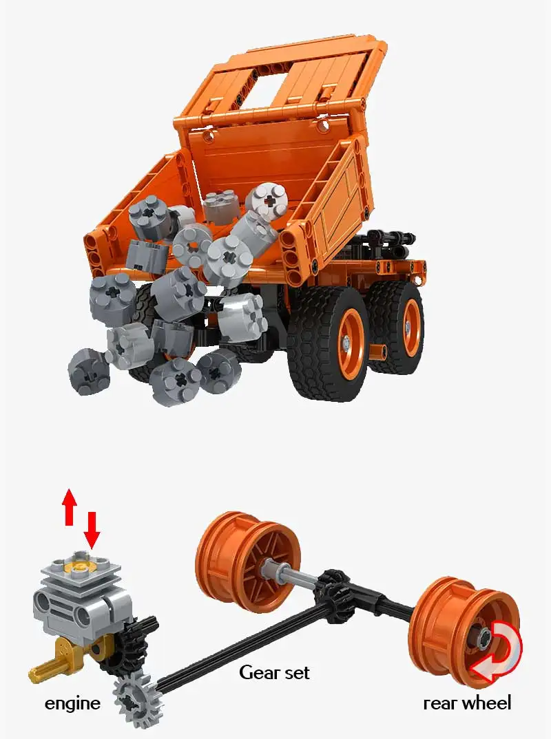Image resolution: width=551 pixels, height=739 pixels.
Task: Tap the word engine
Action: tap(72, 703)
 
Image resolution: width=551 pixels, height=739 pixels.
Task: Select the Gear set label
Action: tap(273, 672)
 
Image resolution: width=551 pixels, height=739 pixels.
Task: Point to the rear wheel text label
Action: tap(467, 703)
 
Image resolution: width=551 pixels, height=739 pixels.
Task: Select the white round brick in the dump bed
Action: tap(267, 200)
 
